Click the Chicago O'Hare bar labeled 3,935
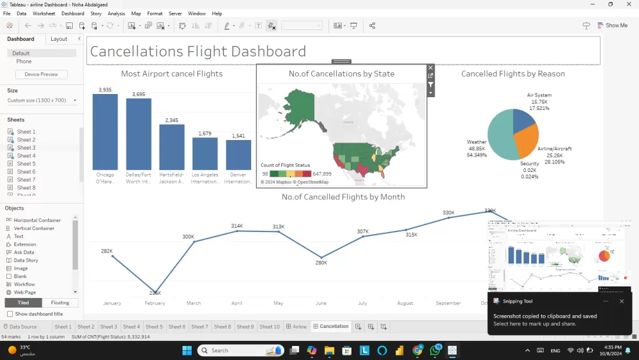tap(105, 132)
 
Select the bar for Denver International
tap(238, 154)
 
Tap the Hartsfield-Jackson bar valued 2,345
tap(171, 146)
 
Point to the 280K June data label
tap(321, 263)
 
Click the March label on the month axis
tap(193, 303)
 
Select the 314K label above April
tap(236, 226)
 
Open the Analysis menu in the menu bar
tap(116, 13)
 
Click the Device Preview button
tap(41, 74)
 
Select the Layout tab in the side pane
tap(59, 39)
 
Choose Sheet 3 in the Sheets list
tap(26, 148)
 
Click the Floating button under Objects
tap(60, 302)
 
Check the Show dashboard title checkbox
tap(10, 314)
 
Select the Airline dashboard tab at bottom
tap(296, 327)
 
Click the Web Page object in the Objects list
tap(25, 292)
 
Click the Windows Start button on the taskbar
tap(187, 350)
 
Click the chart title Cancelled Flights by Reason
tap(512, 74)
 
